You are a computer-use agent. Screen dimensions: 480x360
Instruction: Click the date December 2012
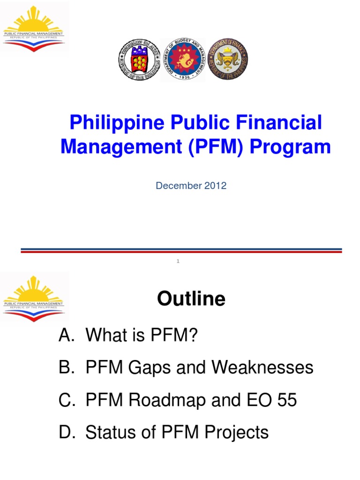click(191, 186)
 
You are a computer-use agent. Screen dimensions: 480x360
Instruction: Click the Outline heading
click(191, 299)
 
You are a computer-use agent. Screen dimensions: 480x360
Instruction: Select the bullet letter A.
click(65, 336)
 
